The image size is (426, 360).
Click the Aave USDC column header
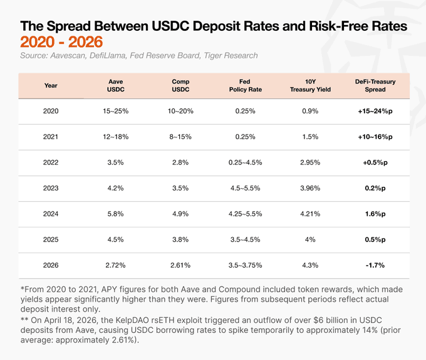pos(116,85)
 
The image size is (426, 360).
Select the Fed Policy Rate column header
pos(246,85)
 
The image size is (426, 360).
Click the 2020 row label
pos(51,111)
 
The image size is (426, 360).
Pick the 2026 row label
pos(51,265)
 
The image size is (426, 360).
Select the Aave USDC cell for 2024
pos(116,214)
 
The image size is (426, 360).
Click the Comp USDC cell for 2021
pos(182,137)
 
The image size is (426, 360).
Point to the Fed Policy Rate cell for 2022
pos(246,162)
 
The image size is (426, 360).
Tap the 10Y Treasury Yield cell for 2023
pos(310,188)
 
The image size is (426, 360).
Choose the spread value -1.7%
pos(375,265)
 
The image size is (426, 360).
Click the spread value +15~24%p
pos(375,111)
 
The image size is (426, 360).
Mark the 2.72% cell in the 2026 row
pos(116,265)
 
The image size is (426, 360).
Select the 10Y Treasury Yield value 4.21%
pos(310,214)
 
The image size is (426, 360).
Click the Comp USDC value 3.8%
pos(182,240)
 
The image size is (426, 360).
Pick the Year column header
pos(51,85)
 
